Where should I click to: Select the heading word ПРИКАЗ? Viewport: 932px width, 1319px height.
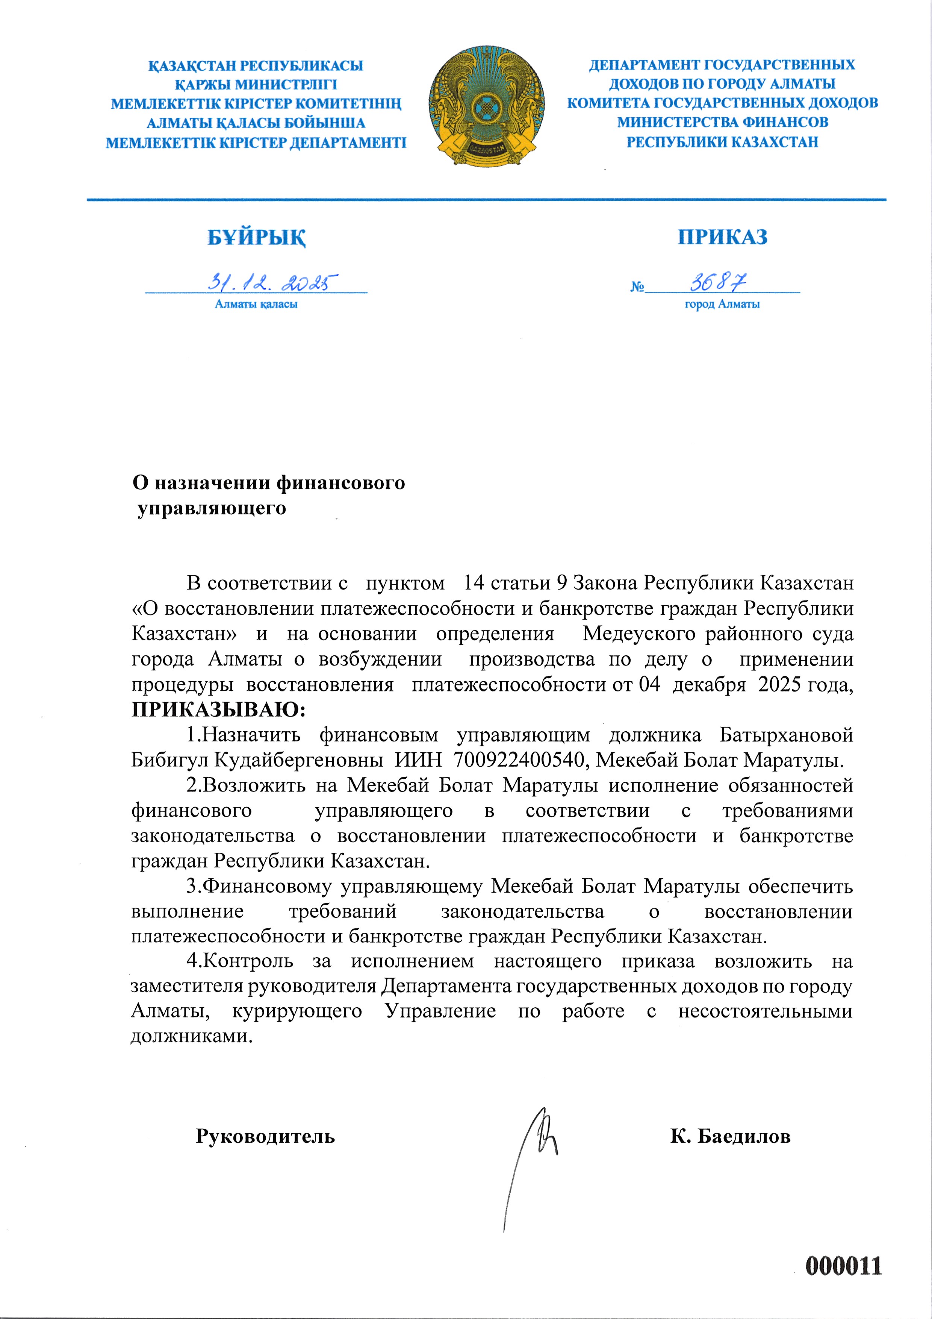[x=722, y=237]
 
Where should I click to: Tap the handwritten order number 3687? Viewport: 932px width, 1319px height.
[x=718, y=282]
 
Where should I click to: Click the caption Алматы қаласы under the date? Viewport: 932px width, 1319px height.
[x=256, y=305]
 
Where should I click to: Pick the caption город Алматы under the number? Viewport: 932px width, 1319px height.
[x=722, y=305]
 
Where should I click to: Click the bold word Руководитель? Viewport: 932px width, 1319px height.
[x=265, y=1136]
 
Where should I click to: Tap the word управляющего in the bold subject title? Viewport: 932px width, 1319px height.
[x=211, y=508]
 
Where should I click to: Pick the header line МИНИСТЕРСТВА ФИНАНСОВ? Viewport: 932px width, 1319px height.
[x=722, y=122]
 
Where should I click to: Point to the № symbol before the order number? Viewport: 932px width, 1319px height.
[x=637, y=286]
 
